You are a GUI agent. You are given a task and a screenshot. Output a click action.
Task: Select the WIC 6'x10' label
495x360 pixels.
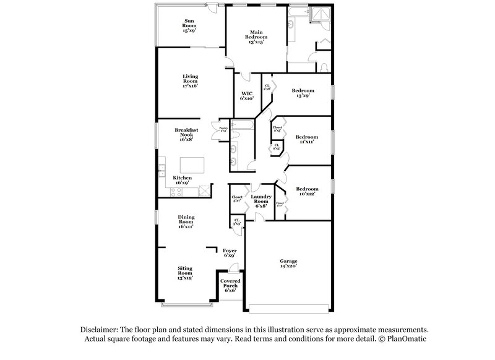coord(247,96)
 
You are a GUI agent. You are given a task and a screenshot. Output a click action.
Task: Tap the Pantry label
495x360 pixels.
coord(223,129)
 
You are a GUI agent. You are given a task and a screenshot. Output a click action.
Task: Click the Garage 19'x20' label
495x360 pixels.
coord(288,264)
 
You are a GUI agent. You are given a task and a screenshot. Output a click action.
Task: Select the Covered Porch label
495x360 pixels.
coord(230,286)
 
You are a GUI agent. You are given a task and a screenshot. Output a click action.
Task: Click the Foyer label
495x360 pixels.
coord(230,253)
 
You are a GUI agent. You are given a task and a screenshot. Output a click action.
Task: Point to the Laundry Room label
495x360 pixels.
coord(260,202)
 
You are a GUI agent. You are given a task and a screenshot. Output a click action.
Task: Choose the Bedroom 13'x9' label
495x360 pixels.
coord(304,93)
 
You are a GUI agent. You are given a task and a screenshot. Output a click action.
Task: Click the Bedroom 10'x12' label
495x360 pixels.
coord(306,192)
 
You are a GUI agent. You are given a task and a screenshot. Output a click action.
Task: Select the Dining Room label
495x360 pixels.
coord(186,222)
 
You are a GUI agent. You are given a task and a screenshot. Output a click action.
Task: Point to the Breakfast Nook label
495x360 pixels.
coord(186,134)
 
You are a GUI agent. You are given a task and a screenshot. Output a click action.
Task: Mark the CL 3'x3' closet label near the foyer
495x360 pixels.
coord(236,221)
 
